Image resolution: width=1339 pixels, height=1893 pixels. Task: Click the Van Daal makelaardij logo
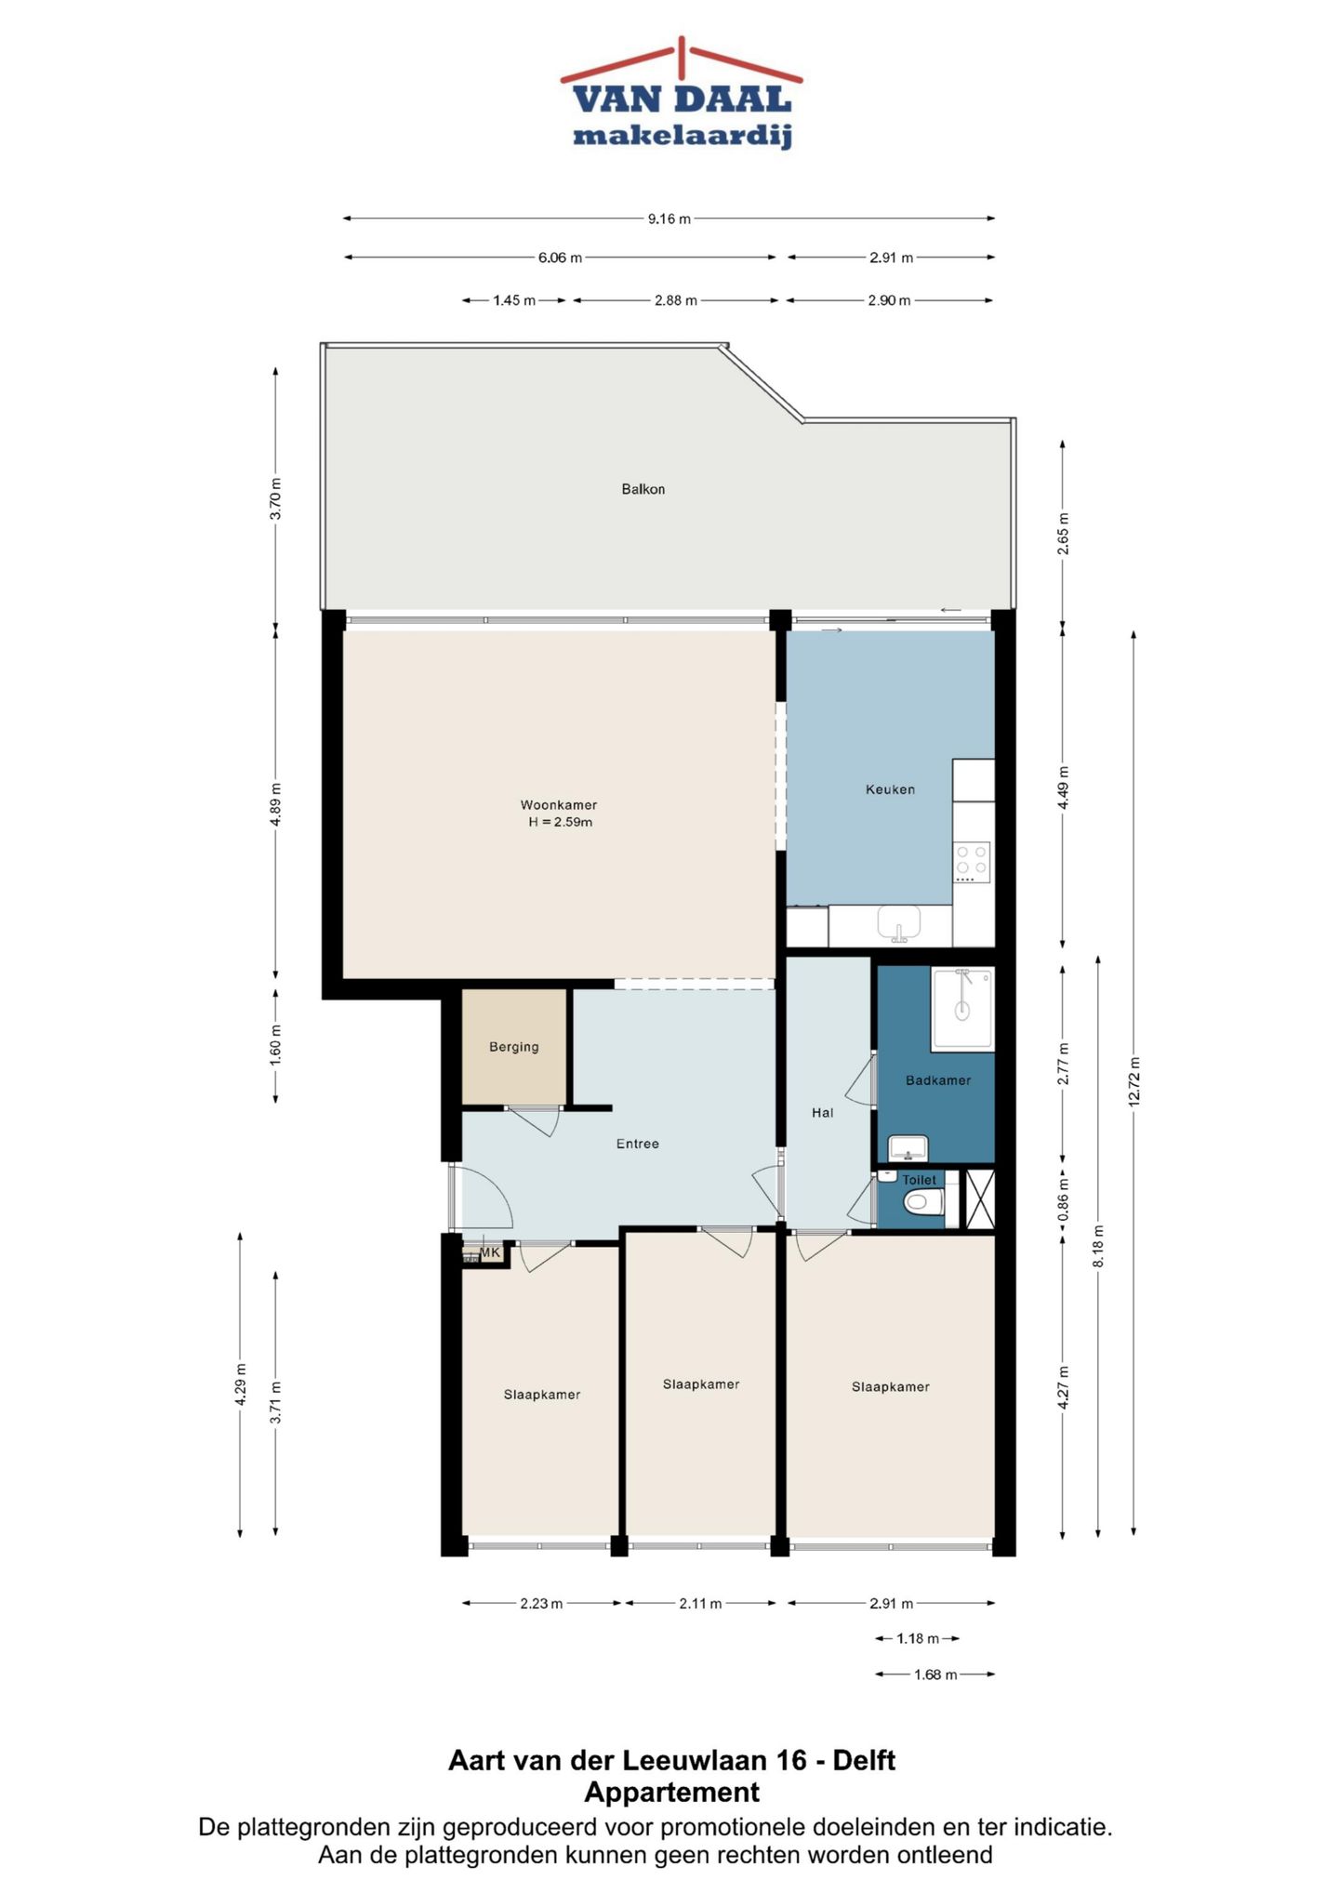pos(682,94)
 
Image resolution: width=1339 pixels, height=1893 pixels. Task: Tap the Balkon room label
pos(643,489)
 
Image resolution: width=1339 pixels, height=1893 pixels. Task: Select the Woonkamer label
pos(559,805)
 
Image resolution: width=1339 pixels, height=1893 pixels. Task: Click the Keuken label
pos(890,789)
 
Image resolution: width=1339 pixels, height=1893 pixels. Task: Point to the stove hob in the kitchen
pos(973,863)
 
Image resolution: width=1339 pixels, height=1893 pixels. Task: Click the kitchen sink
pos(899,924)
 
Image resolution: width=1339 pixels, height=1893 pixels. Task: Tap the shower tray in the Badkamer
pos(962,1010)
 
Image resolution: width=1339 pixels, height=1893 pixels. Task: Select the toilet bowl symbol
pos(923,1203)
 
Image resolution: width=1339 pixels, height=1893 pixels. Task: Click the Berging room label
pos(514,1047)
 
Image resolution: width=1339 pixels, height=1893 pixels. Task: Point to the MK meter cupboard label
pos(490,1252)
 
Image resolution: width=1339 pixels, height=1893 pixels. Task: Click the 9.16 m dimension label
pos(669,219)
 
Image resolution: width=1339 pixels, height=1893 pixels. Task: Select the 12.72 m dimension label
pos(1134,1082)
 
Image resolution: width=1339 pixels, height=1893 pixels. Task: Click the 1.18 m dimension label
pos(918,1638)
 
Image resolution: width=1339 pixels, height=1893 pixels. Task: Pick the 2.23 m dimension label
pos(541,1603)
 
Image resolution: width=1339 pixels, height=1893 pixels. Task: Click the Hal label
pos(823,1112)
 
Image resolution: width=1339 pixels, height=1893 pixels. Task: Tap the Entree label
pos(638,1144)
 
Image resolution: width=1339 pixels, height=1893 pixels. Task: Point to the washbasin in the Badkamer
pos(908,1148)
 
